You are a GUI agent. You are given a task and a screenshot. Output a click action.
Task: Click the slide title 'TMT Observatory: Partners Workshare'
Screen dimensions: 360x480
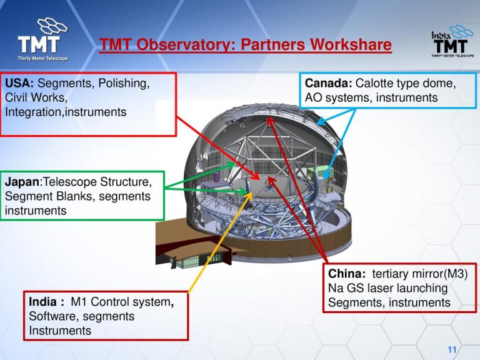(x=246, y=46)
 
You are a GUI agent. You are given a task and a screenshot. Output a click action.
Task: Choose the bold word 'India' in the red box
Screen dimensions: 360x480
(x=45, y=302)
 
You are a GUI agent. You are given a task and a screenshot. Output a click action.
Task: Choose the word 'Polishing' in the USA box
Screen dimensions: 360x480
(x=126, y=83)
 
